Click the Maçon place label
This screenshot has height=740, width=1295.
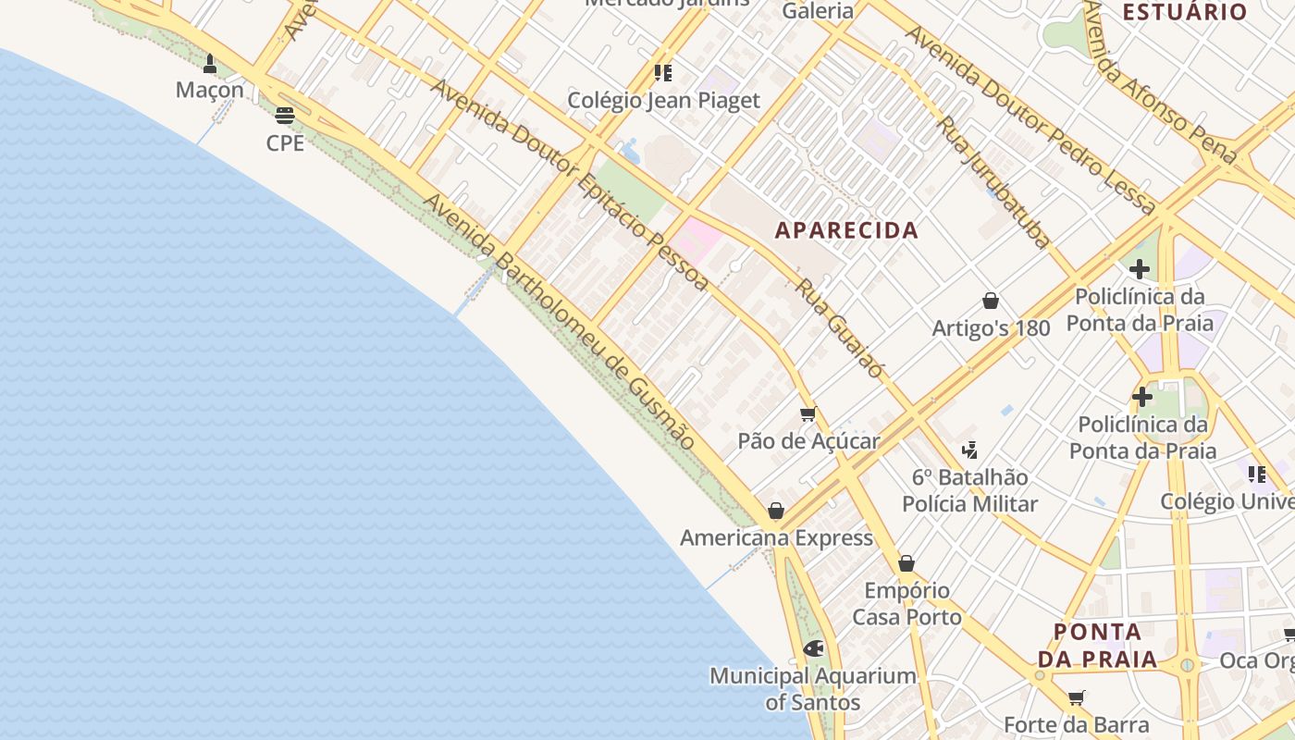pyautogui.click(x=210, y=90)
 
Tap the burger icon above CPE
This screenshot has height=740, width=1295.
pyautogui.click(x=285, y=116)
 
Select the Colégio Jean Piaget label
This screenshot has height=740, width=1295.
pyautogui.click(x=663, y=101)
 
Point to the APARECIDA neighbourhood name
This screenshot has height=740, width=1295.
pyautogui.click(x=846, y=230)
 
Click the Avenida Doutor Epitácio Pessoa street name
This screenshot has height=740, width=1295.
pyautogui.click(x=569, y=185)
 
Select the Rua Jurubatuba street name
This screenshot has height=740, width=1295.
pyautogui.click(x=995, y=182)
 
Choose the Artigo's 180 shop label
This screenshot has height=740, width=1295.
pyautogui.click(x=991, y=328)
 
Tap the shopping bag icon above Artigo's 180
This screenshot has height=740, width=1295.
pyautogui.click(x=991, y=301)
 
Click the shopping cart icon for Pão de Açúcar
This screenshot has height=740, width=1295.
pyautogui.click(x=808, y=413)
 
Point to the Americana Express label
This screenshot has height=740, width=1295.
pyautogui.click(x=776, y=538)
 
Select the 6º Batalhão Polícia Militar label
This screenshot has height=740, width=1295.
pyautogui.click(x=969, y=490)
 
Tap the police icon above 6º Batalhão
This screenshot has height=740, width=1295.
pyautogui.click(x=969, y=450)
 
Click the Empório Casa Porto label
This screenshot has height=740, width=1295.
pyautogui.click(x=906, y=603)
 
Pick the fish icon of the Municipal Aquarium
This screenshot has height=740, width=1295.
pyautogui.click(x=813, y=648)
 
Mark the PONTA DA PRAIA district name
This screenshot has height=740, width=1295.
pyautogui.click(x=1097, y=646)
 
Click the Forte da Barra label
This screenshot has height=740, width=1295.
pyautogui.click(x=1076, y=725)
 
